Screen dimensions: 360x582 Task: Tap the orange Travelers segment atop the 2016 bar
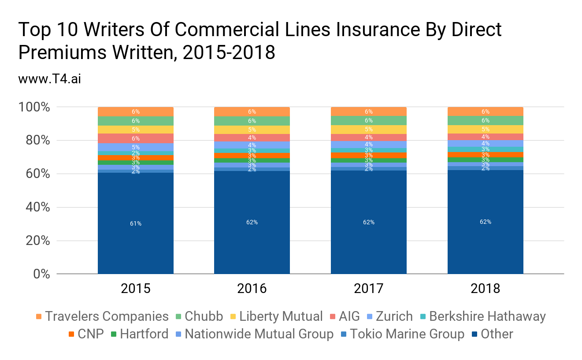(252, 111)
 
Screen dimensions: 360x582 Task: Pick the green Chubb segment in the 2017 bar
(369, 121)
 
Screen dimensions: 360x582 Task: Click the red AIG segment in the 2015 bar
(135, 138)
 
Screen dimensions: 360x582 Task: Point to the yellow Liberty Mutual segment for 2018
(485, 129)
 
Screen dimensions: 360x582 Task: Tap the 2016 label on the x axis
(252, 289)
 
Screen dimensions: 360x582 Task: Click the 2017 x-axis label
(369, 289)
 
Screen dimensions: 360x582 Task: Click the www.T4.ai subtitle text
(49, 79)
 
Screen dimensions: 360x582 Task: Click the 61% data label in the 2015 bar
(135, 223)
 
